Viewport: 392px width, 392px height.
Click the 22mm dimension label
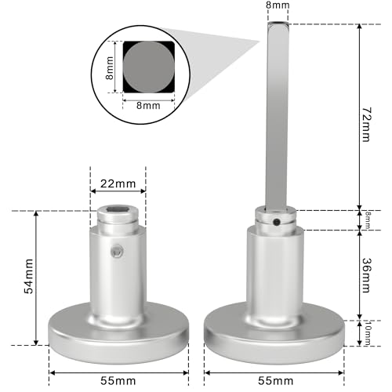pyautogui.click(x=118, y=183)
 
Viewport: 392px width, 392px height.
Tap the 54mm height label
pyautogui.click(x=28, y=278)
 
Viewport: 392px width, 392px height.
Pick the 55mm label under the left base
pyautogui.click(x=118, y=379)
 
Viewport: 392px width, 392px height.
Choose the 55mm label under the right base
pyautogui.click(x=274, y=379)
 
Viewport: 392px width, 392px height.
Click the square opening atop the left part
pyautogui.click(x=119, y=209)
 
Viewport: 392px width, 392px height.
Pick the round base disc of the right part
pyautogui.click(x=274, y=333)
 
